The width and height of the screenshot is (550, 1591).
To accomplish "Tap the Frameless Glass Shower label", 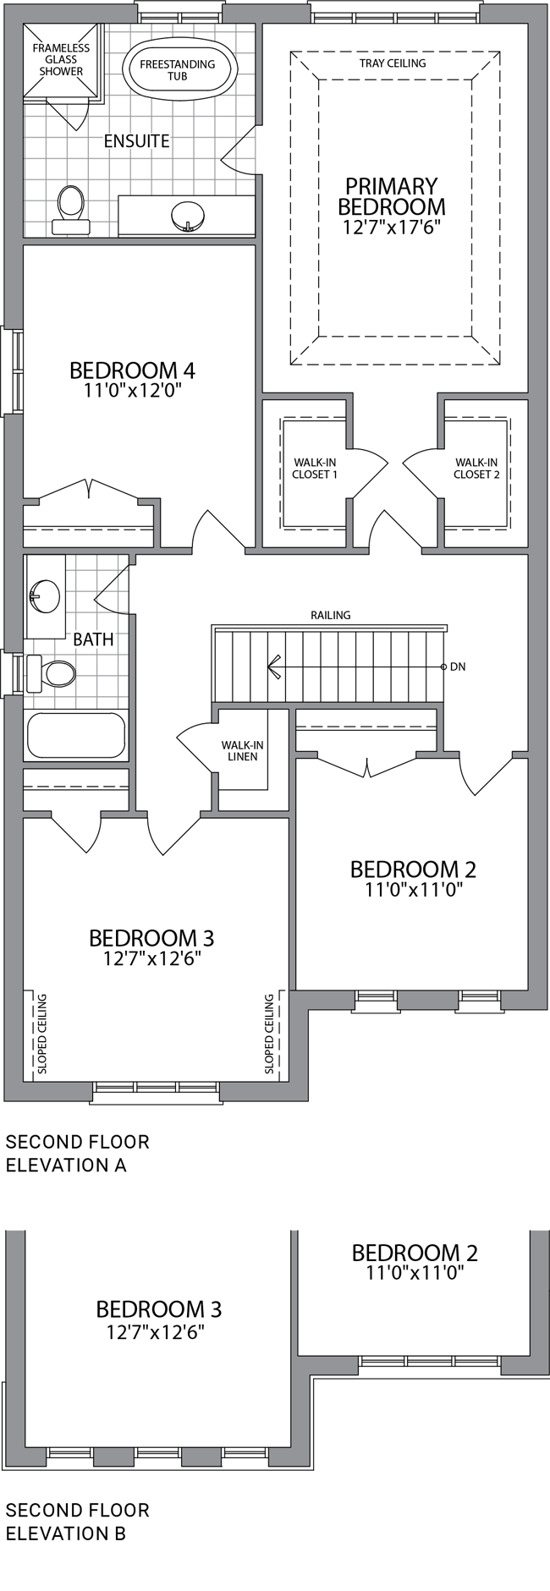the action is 61,60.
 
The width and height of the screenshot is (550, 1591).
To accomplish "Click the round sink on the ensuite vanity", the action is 187,216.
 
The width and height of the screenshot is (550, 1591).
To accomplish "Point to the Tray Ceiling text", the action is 392,63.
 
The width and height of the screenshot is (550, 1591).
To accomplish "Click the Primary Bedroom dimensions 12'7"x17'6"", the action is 392,228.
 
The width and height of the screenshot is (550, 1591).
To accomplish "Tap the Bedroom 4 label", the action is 133,370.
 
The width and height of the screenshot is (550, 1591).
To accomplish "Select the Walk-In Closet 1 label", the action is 315,468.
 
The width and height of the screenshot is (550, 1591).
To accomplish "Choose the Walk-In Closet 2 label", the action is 476,468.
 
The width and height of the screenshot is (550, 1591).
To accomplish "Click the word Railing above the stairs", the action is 330,615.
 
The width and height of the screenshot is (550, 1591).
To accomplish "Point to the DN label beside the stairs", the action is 458,667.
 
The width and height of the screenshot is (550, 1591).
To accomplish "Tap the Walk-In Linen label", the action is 242,750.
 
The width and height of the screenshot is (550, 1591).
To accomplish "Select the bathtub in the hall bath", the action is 76,735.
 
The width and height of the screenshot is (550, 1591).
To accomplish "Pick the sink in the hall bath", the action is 44,597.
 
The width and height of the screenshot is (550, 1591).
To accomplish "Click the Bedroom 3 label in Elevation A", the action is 151,938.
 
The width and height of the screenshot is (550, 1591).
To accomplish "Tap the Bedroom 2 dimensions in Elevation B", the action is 415,1272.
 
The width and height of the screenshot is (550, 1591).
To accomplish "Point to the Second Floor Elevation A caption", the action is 78,1153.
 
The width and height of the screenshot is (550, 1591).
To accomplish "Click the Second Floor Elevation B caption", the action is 78,1521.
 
